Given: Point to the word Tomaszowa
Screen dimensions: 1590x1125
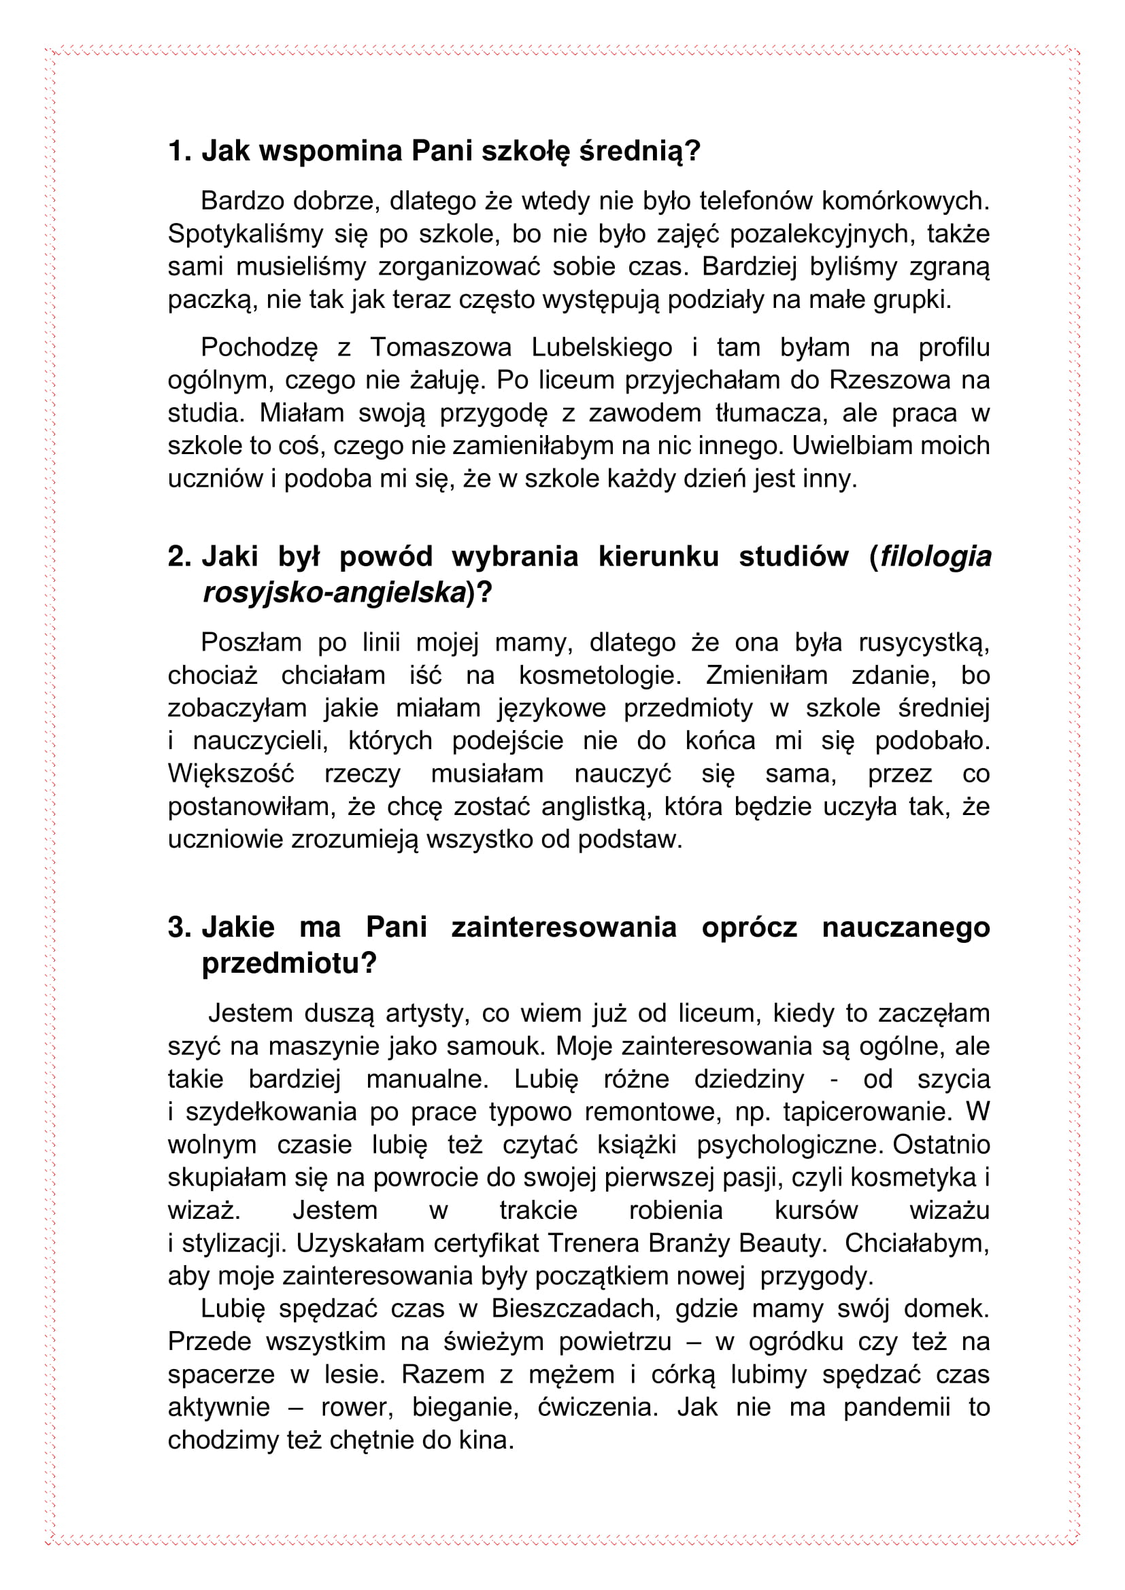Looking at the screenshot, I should click(x=441, y=347).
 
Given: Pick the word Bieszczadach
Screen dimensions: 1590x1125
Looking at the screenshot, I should click(x=575, y=1308).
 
